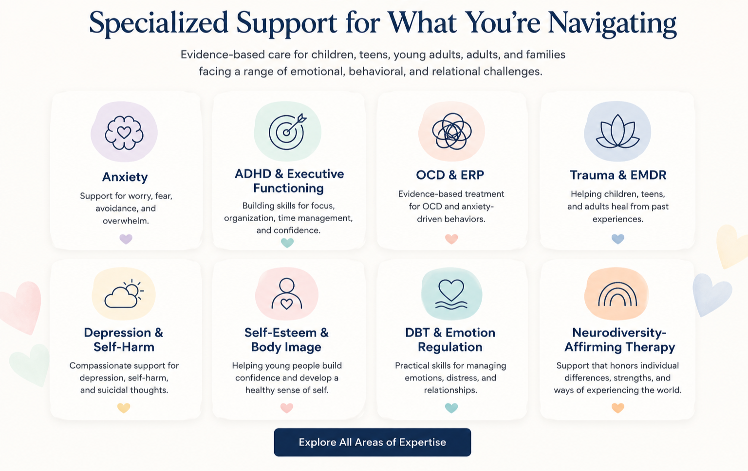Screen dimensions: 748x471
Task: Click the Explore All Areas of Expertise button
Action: (373, 442)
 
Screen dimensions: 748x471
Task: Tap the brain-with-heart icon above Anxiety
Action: (124, 132)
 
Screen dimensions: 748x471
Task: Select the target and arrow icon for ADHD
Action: (287, 132)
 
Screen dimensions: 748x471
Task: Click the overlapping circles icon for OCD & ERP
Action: (451, 131)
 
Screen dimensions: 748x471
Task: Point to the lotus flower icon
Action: (618, 132)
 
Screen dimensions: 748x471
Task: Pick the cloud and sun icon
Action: (124, 294)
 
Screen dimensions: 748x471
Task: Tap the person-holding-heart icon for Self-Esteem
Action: (286, 294)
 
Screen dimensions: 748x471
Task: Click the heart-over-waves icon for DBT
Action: (451, 294)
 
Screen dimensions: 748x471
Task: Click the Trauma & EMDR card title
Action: (618, 175)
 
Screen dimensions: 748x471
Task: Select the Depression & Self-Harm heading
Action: (124, 339)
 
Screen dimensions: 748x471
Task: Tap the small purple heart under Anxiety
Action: (126, 239)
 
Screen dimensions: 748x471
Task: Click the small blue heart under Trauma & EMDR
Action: (618, 239)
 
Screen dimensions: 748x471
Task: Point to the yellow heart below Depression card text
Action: (124, 408)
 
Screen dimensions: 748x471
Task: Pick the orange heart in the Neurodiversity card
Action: (618, 408)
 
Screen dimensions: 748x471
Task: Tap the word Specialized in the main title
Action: (159, 24)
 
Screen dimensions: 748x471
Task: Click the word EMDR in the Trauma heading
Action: (648, 175)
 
